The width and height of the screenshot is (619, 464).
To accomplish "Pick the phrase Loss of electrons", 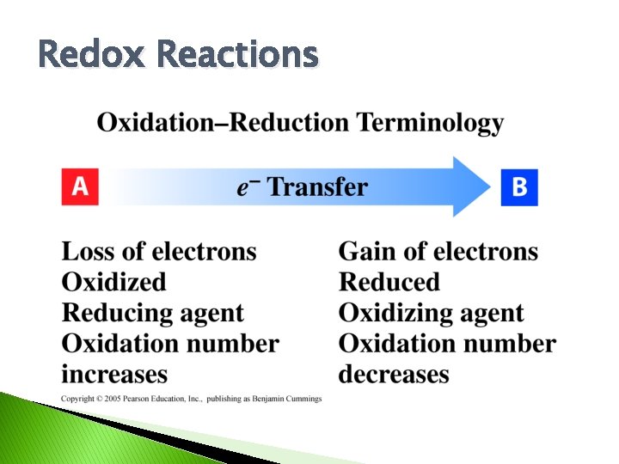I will pyautogui.click(x=159, y=252).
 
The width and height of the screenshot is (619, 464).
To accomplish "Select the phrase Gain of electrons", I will pyautogui.click(x=438, y=252).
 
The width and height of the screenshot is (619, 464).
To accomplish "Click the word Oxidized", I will pyautogui.click(x=113, y=283).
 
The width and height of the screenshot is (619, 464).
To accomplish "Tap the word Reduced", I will pyautogui.click(x=389, y=283).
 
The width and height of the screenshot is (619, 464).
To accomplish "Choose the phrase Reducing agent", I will pyautogui.click(x=152, y=314).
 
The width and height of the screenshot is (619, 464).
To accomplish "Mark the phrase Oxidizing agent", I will pyautogui.click(x=431, y=314).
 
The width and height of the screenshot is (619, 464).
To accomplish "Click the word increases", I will pyautogui.click(x=114, y=375).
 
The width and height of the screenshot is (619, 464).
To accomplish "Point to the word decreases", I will pyautogui.click(x=394, y=375).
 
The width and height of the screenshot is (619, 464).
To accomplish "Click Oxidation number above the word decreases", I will pyautogui.click(x=447, y=345).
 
